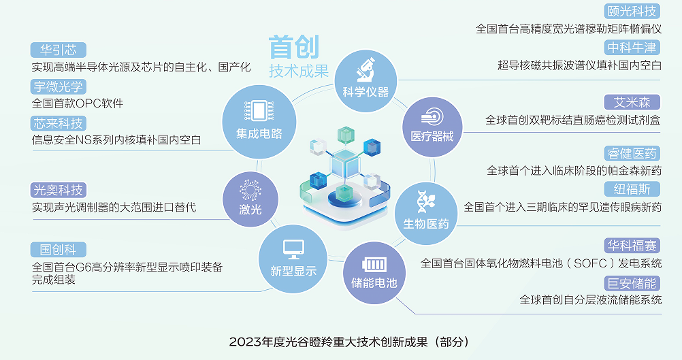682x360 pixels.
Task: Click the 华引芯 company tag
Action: [x=59, y=50]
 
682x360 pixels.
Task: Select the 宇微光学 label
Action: [x=59, y=86]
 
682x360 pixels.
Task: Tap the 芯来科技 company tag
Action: [x=59, y=123]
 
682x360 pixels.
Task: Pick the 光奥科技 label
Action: [x=59, y=190]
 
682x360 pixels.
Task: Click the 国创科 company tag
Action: [x=59, y=250]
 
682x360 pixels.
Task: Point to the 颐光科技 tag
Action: [x=632, y=11]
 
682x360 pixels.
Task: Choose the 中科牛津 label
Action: [x=632, y=47]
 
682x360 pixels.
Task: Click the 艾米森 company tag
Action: [x=632, y=102]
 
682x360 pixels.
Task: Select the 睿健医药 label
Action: [x=632, y=153]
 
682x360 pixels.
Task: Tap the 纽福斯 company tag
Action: [x=632, y=189]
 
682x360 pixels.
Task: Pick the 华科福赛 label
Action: [x=632, y=246]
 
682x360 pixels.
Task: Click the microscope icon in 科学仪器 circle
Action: [x=366, y=70]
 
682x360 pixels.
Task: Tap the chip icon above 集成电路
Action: [x=259, y=110]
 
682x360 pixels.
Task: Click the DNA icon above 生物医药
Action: [x=426, y=202]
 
